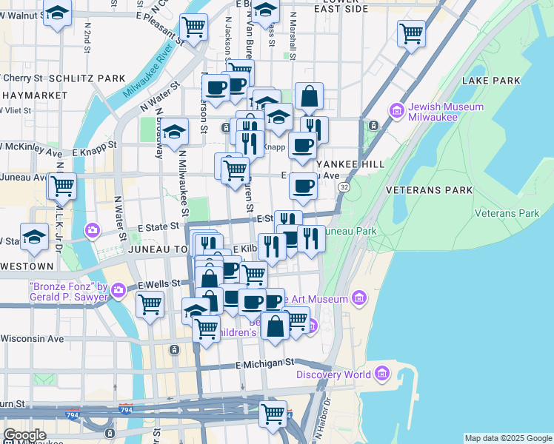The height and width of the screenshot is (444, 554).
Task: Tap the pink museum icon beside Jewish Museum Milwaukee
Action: (x=396, y=111)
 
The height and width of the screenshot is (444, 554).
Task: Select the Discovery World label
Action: (x=333, y=374)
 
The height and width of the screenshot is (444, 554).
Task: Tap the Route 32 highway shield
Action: (x=344, y=189)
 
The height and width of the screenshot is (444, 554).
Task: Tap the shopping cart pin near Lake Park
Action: (x=410, y=33)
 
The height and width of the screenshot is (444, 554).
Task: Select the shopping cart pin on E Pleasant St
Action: (x=193, y=27)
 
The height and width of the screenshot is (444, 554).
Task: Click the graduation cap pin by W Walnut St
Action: (x=56, y=14)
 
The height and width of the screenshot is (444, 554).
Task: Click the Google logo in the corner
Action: (x=24, y=435)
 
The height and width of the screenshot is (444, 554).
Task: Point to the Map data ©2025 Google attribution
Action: (x=508, y=438)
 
